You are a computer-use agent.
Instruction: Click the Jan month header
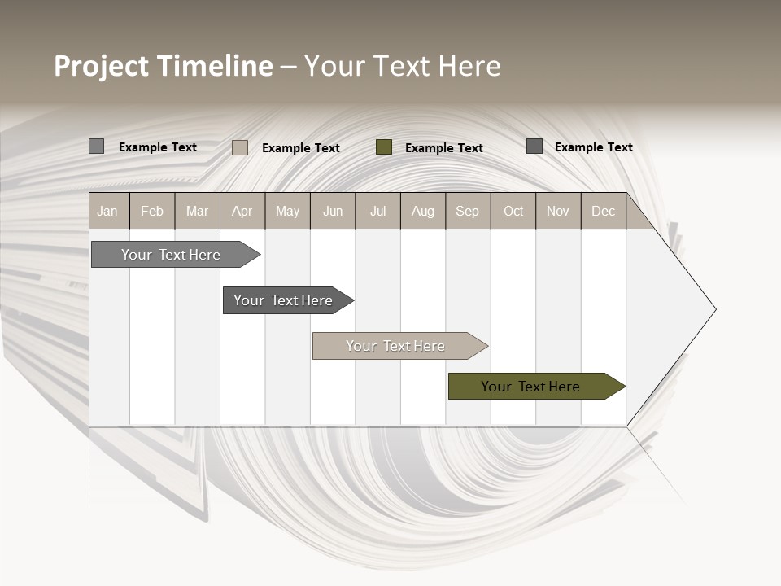point(107,211)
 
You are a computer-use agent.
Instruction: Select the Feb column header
point(152,211)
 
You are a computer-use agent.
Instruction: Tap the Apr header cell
point(242,211)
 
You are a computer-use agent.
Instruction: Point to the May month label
point(287,211)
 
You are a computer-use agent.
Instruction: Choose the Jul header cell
point(377,211)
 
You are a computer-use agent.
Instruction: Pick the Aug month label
point(422,211)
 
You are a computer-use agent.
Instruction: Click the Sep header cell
point(467,211)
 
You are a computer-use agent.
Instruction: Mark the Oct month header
point(513,211)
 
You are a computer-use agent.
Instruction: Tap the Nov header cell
point(558,211)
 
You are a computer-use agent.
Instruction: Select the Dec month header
point(603,211)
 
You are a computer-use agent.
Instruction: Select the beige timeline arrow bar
point(397,346)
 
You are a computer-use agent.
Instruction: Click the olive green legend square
point(384,146)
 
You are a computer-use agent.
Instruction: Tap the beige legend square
point(240,147)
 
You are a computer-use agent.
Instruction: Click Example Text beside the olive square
point(444,147)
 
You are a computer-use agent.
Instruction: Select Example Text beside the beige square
point(301,147)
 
